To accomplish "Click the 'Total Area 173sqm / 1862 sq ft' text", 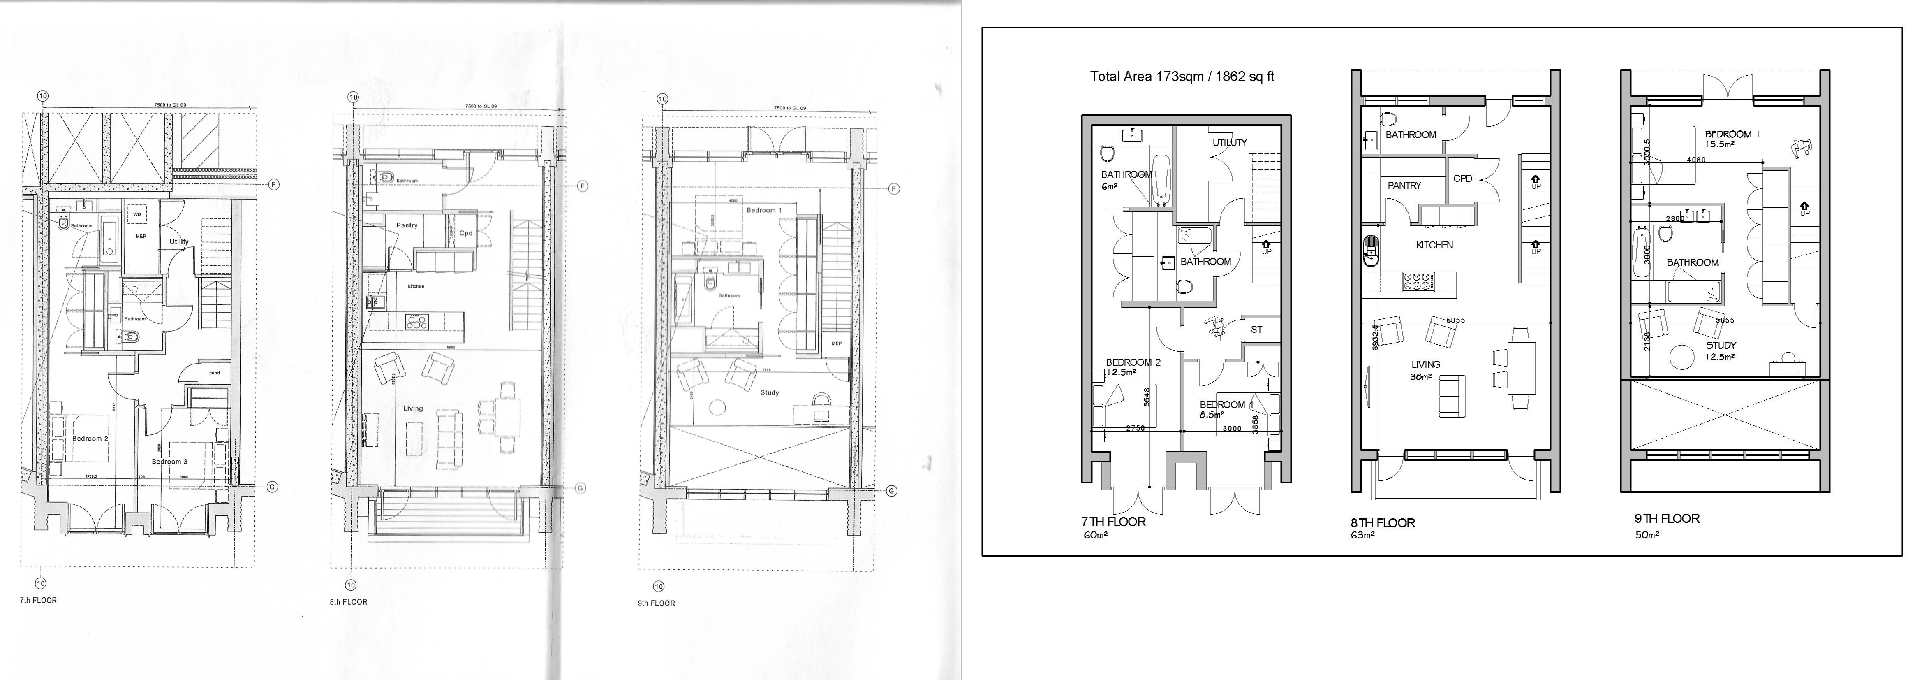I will coord(1182,76).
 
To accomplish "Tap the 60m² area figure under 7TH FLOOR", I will coord(1094,535).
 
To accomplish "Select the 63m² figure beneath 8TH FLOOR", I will coord(1362,535).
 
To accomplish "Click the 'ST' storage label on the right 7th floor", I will coord(1256,329).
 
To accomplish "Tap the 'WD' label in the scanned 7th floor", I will coord(136,214).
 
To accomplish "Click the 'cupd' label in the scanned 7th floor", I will coord(214,372).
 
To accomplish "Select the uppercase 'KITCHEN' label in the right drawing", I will coord(1434,245).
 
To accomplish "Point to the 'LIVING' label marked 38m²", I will coord(1425,364).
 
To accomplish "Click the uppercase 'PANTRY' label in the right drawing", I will coord(1404,185).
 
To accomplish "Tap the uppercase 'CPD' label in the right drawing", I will coord(1462,179).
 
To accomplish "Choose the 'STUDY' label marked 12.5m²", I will coord(1721,346).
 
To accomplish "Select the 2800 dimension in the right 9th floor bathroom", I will coord(1674,219).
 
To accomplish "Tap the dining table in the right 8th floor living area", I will coord(1521,367).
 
